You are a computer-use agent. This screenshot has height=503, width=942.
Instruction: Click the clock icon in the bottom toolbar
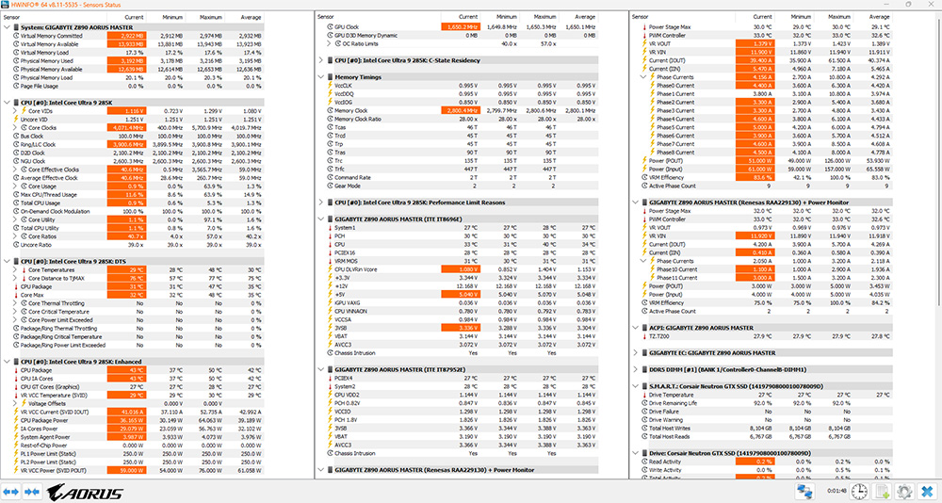(861, 491)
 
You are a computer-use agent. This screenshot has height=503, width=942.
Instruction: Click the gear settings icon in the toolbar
(904, 491)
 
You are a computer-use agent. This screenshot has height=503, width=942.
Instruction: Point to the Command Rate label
(352, 177)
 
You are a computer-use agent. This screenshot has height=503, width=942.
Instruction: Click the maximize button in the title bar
(901, 7)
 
